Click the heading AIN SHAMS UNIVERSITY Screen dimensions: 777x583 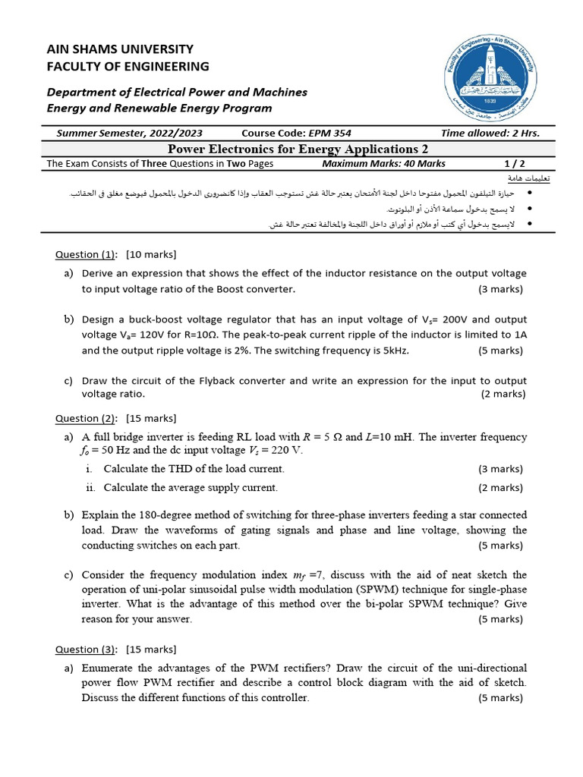point(120,49)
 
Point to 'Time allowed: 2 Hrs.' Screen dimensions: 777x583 point(490,133)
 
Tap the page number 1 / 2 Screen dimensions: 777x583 point(514,163)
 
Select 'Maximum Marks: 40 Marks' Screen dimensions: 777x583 point(383,163)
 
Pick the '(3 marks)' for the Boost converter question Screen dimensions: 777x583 point(500,289)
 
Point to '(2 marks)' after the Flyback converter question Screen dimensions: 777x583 point(503,394)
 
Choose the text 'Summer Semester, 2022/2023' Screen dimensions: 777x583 point(140,133)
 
